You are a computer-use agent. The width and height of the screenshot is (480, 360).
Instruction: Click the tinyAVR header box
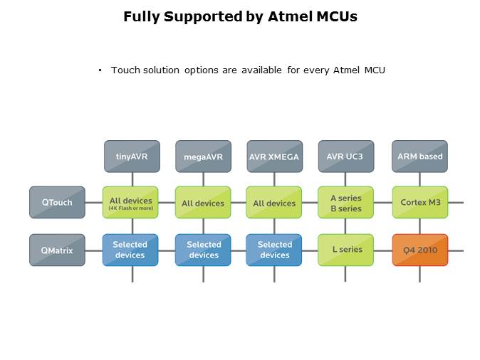[x=132, y=157]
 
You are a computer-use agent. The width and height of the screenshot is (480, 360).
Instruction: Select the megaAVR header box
[x=203, y=157]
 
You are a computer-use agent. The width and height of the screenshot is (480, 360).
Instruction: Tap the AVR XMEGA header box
[x=274, y=157]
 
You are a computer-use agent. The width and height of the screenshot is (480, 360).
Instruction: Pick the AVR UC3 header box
[x=345, y=157]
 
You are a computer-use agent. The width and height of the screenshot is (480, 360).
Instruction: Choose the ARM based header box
[x=419, y=157]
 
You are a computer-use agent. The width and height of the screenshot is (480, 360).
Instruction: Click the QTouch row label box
[x=57, y=202]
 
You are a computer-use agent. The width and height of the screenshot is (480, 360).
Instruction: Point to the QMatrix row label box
[x=57, y=250]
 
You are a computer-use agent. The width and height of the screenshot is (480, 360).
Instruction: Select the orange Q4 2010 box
[x=419, y=250]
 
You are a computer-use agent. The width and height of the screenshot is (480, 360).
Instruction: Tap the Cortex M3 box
[x=419, y=202]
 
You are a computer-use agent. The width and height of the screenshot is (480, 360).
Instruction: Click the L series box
[x=345, y=250]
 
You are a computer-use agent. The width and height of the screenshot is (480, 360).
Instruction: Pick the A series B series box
[x=345, y=203]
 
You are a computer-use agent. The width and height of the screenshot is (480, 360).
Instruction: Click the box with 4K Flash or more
[x=131, y=203]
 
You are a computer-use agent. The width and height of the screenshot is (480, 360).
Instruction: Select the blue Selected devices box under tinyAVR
[x=130, y=250]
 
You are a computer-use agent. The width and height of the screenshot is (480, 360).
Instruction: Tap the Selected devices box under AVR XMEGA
[x=275, y=250]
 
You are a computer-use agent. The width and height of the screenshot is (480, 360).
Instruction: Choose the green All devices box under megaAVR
[x=203, y=203]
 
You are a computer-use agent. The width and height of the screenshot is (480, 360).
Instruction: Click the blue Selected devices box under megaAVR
[x=203, y=250]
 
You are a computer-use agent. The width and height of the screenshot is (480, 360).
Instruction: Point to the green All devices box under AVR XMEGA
[x=274, y=203]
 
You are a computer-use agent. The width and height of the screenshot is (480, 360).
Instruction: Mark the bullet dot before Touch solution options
[x=100, y=70]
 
